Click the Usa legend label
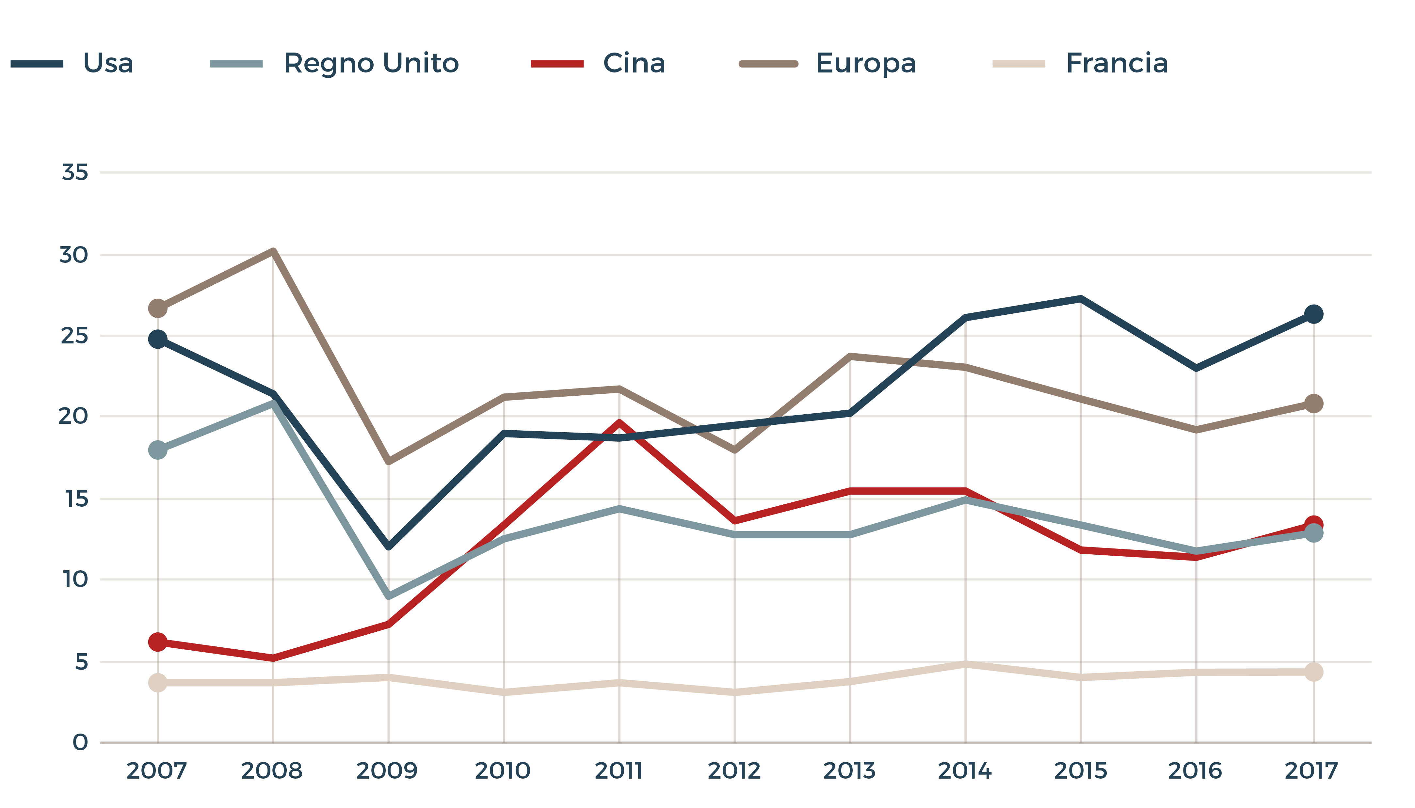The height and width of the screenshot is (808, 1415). pos(108,63)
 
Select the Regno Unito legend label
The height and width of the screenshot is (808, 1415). pos(371,63)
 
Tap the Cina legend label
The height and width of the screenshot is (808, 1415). pos(634,63)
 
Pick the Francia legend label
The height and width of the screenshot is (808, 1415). pos(1117,63)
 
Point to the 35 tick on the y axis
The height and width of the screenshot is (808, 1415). pos(75,173)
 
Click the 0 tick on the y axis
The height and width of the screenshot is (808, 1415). pos(80,742)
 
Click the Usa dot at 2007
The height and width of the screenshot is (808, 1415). pos(158,339)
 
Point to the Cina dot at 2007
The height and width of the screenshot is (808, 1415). pos(158,642)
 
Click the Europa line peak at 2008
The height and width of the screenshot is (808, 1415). pos(273,251)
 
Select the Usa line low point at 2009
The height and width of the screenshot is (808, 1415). pos(389,547)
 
